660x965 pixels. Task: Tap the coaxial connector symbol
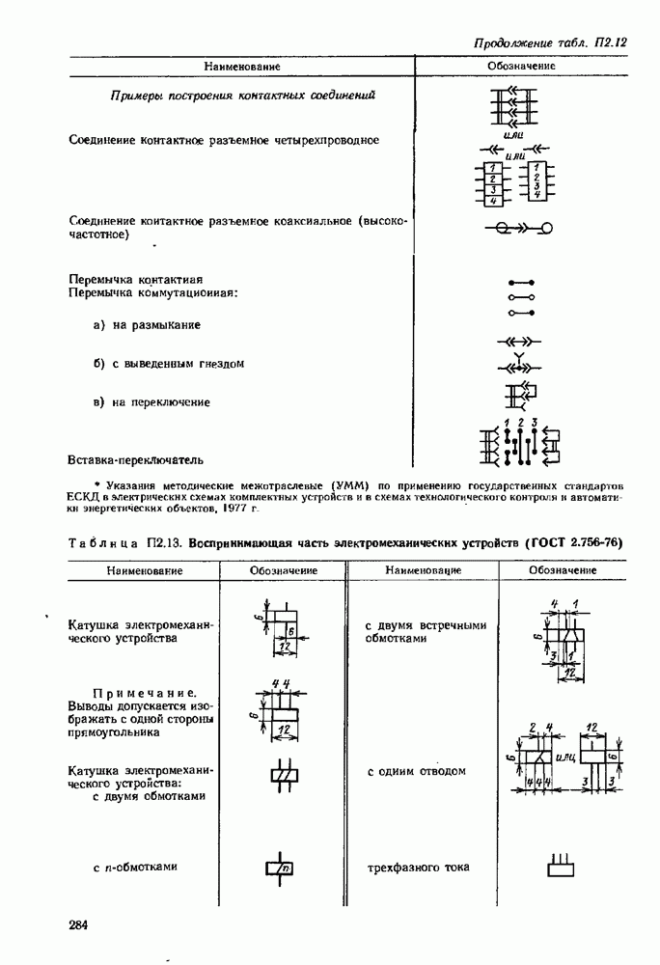[518, 229]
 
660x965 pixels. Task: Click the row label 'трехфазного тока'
[418, 868]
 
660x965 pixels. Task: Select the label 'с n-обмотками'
[135, 867]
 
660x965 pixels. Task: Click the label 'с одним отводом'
[417, 772]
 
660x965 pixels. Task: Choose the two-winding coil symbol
[281, 775]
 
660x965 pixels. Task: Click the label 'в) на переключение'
[151, 402]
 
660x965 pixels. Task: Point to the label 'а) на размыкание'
[147, 326]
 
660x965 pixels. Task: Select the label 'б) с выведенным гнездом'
[169, 364]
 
